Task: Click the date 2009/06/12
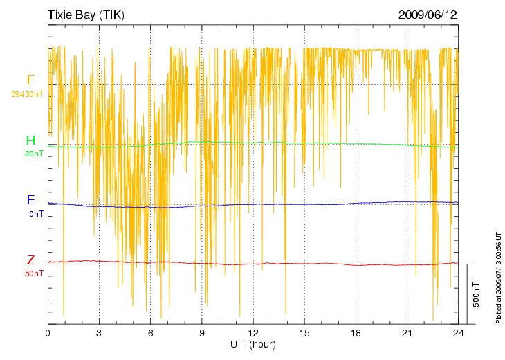tap(428, 15)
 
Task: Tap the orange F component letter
tap(30, 80)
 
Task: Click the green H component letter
tap(30, 141)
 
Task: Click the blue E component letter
tap(30, 200)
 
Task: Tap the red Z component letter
tap(30, 260)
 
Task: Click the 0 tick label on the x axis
tap(48, 333)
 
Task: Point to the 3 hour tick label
tap(99, 333)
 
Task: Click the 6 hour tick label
tap(150, 333)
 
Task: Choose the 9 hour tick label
tap(202, 333)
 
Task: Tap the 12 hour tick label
tap(253, 333)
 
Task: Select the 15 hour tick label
tap(304, 333)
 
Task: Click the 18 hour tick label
tap(356, 333)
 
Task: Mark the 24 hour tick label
tap(458, 333)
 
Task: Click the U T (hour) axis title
tap(253, 344)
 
